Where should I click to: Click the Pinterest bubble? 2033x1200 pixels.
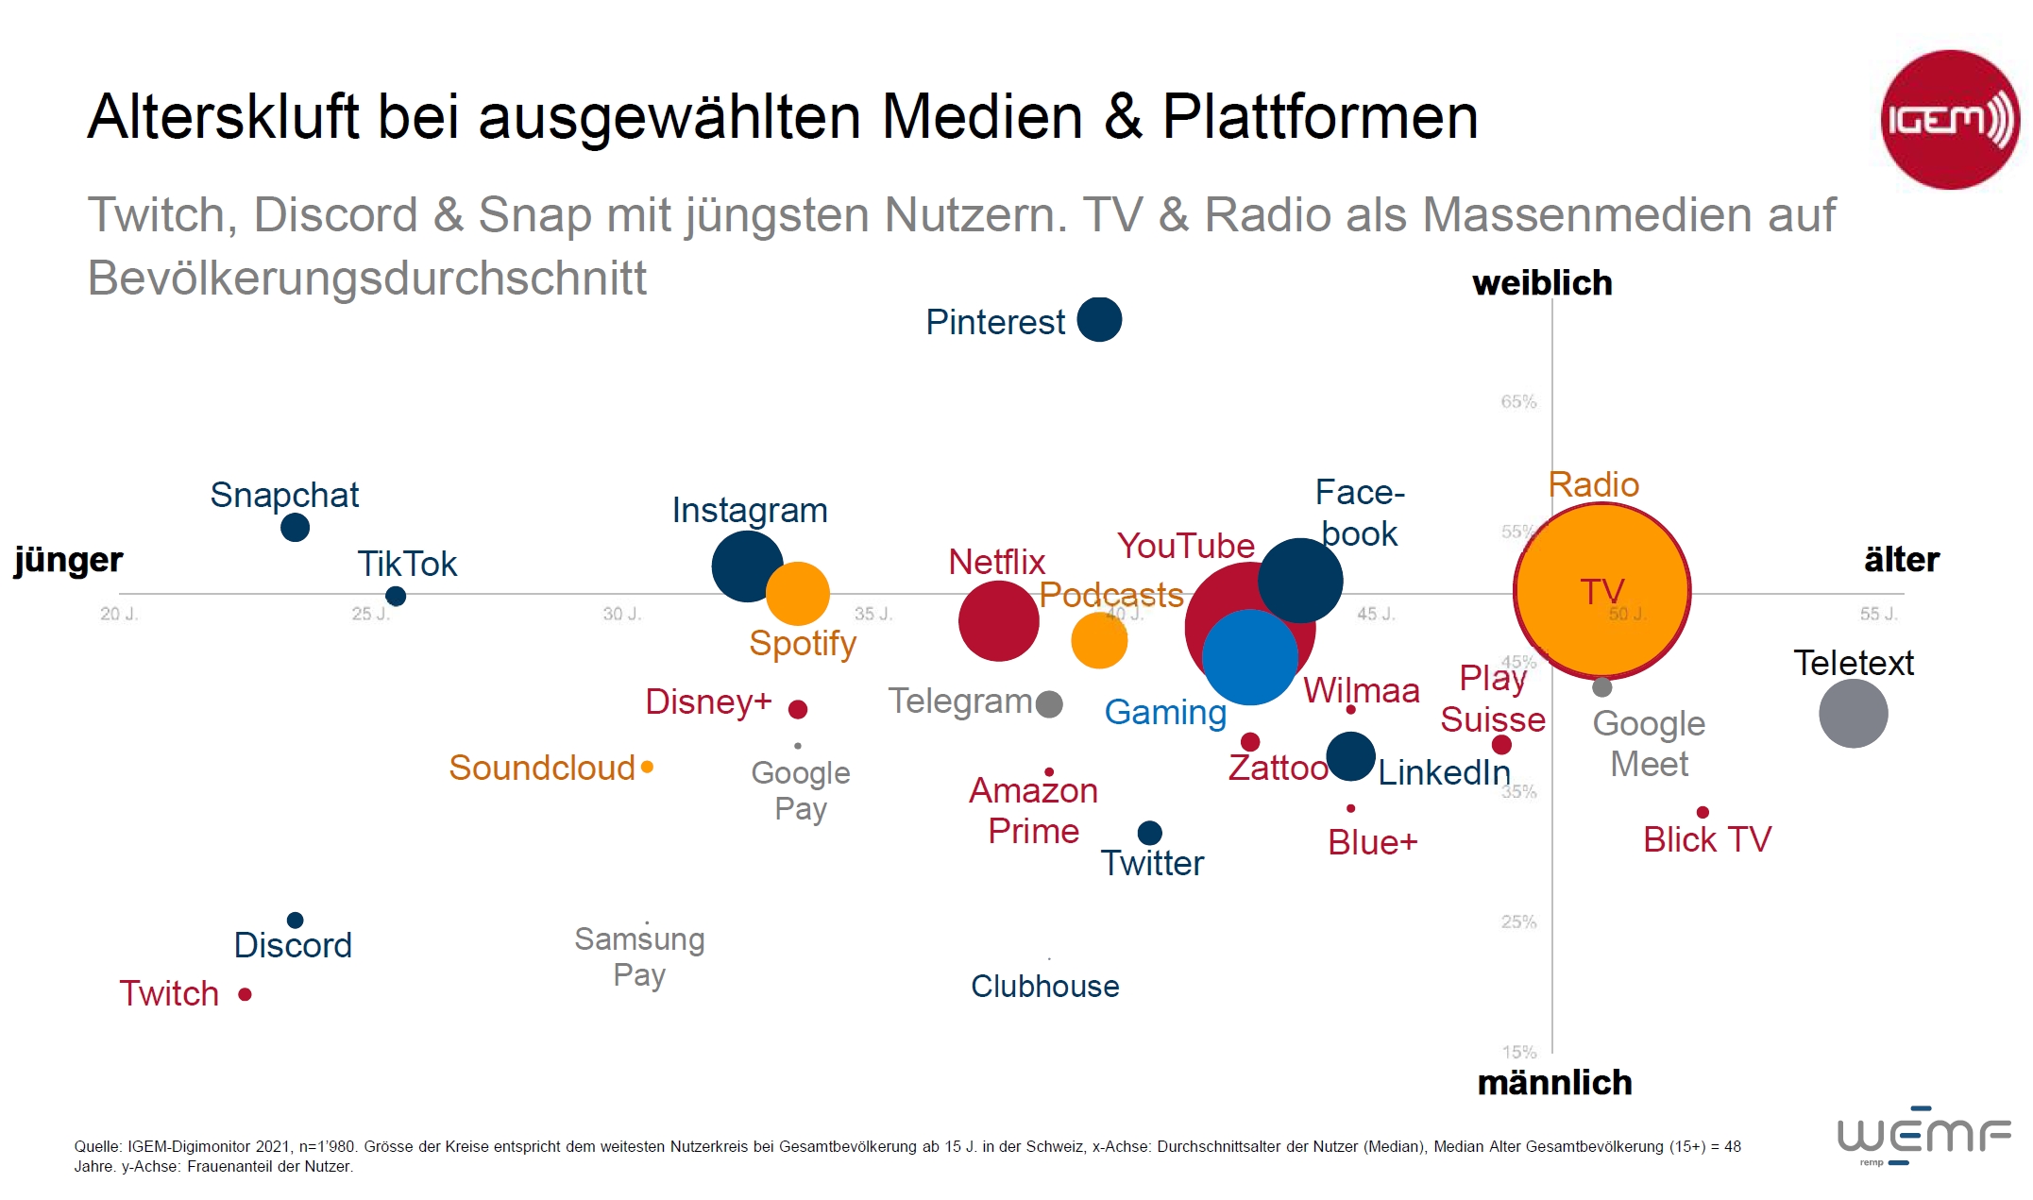coord(1099,319)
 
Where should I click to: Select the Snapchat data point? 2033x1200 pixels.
coord(295,527)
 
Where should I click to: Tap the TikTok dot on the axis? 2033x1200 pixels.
coord(396,596)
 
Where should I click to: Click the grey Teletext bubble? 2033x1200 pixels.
coord(1853,714)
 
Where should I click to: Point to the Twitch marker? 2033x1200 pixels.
coord(245,994)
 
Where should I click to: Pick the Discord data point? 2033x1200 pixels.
coord(295,920)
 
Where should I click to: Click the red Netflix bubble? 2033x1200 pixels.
coord(998,620)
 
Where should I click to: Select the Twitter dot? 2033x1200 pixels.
coord(1149,833)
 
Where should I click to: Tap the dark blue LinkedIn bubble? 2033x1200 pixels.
coord(1350,756)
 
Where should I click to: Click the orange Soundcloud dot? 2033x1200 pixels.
coord(647,767)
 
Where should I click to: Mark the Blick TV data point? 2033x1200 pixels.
coord(1703,812)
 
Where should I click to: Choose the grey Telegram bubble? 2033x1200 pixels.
coord(1049,703)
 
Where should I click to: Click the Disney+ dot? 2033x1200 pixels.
coord(797,708)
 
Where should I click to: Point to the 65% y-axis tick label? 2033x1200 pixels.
coord(1518,402)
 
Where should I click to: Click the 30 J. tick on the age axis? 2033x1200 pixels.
coord(621,614)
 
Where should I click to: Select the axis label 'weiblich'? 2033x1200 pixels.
coord(1542,283)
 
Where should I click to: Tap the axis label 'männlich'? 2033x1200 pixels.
coord(1554,1083)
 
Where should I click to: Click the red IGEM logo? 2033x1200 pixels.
coord(1949,120)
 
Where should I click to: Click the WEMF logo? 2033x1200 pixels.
coord(1923,1135)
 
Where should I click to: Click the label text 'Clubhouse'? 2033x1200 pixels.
coord(1044,986)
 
